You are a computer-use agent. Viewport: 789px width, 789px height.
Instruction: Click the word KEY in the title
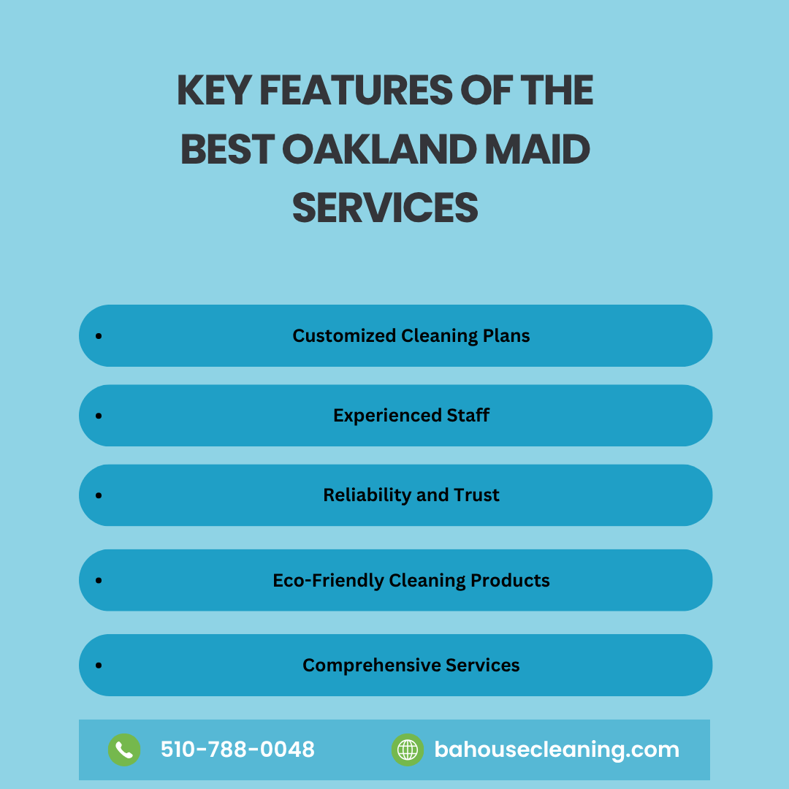(x=214, y=90)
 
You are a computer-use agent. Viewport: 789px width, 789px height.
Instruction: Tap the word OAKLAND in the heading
(x=379, y=149)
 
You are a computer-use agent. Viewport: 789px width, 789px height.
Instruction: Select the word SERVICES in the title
(x=385, y=207)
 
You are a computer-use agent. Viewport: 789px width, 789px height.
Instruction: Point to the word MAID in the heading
(x=538, y=149)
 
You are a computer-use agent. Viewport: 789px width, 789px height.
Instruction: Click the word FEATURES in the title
(x=357, y=90)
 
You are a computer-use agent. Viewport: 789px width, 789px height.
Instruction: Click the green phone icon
(x=124, y=750)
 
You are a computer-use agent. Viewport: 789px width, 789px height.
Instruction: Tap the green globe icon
(x=408, y=750)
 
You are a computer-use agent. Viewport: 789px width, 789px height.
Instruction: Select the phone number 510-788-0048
(x=237, y=750)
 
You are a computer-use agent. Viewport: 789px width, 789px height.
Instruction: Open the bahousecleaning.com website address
(x=557, y=750)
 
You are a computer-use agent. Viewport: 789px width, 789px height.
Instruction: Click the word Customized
(x=344, y=335)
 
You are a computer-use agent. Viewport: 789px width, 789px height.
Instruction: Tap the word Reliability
(x=367, y=495)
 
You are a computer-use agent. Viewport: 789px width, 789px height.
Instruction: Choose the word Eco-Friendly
(x=328, y=580)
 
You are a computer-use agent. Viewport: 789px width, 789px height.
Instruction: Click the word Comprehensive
(x=371, y=666)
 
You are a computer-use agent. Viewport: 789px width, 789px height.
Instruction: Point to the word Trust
(x=476, y=495)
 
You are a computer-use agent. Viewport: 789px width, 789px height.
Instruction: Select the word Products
(x=510, y=580)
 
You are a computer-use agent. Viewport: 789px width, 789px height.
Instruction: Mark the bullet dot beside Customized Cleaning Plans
(x=99, y=335)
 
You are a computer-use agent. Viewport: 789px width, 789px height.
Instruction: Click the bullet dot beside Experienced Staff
(x=99, y=416)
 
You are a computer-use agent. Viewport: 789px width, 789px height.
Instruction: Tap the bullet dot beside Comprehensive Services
(x=99, y=666)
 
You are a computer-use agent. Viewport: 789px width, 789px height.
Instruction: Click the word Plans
(x=506, y=335)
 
